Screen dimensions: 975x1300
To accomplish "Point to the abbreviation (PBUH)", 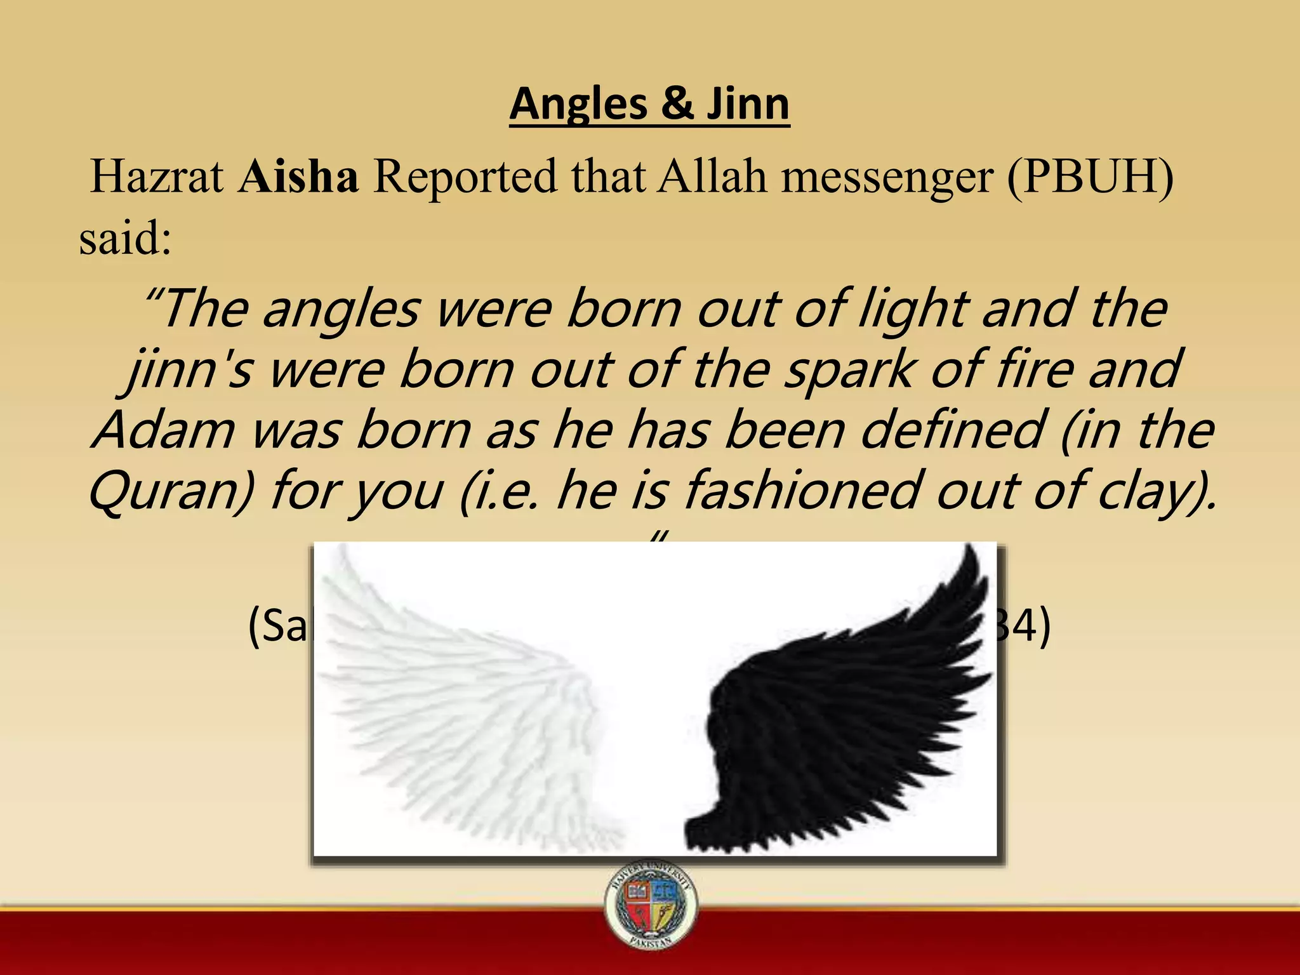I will (1089, 178).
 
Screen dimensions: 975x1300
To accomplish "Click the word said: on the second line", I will (125, 239).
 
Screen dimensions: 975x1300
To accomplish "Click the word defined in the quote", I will (952, 430).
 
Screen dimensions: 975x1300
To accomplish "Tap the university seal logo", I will (651, 905).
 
